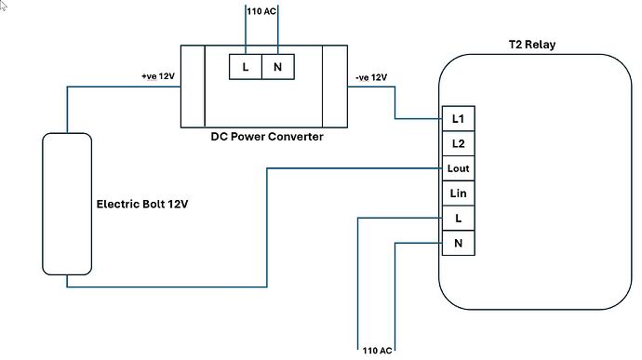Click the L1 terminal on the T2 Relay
click(457, 119)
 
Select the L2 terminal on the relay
click(457, 144)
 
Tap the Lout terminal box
click(457, 168)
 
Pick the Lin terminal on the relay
click(457, 193)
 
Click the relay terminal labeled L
click(457, 218)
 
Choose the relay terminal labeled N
click(457, 243)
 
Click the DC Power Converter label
click(266, 137)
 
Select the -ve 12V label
click(372, 77)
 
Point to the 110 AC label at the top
click(261, 12)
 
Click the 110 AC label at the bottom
click(377, 351)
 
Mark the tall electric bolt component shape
click(67, 203)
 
